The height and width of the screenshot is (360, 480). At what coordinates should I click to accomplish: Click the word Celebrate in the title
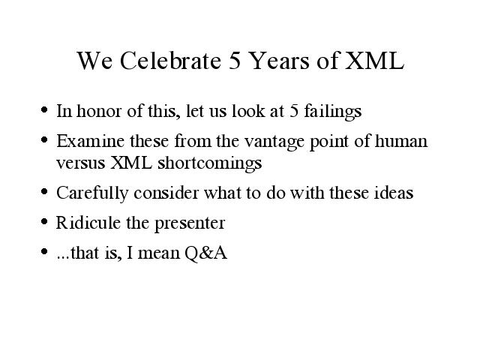coord(170,60)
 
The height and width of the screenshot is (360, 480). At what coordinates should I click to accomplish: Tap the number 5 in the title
coord(235,60)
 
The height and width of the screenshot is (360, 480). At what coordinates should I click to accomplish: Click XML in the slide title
coord(375,60)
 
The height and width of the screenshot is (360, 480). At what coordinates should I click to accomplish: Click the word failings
coord(333,112)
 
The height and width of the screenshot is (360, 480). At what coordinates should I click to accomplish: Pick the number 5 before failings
coord(294,111)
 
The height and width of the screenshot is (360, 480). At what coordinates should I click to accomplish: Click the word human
coord(401,141)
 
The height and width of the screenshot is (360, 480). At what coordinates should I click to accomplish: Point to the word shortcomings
coord(210,163)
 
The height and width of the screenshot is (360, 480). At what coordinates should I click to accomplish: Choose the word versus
coord(81,163)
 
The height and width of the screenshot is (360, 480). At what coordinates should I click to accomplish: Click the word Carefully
coord(92,193)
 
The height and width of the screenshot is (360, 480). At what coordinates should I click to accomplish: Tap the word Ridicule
coord(88,223)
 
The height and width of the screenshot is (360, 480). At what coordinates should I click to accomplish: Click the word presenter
coord(190,224)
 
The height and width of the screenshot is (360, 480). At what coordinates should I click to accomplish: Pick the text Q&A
coord(205,253)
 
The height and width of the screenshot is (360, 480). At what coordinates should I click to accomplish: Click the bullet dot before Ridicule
coord(44,221)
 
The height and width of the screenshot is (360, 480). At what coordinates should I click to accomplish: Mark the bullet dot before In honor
coord(44,109)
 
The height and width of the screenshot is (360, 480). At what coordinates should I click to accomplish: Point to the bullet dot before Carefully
coord(44,192)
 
